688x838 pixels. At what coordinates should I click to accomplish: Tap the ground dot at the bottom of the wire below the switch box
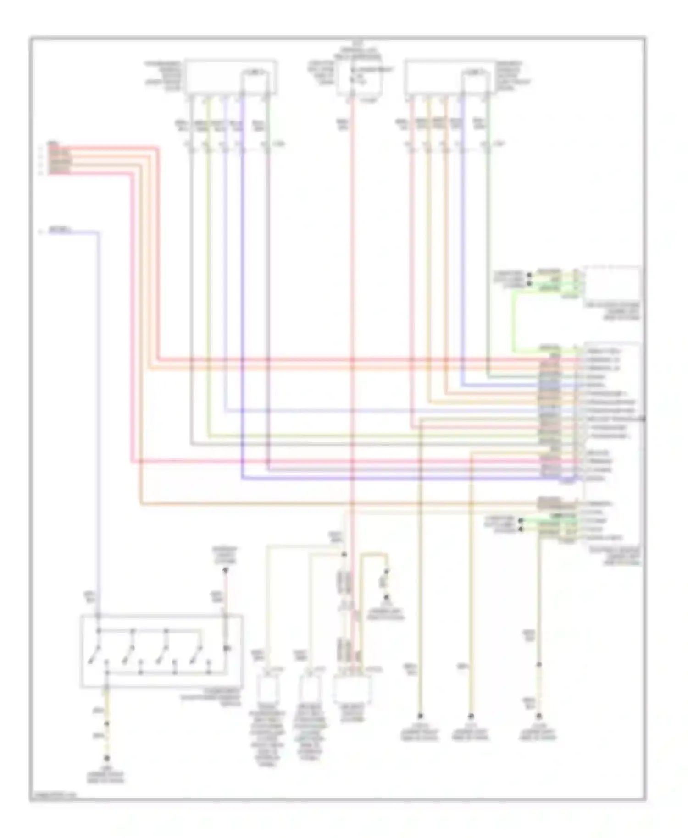[x=106, y=759]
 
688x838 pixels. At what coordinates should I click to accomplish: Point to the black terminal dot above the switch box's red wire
[x=225, y=570]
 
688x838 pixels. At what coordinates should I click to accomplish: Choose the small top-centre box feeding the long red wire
[x=359, y=78]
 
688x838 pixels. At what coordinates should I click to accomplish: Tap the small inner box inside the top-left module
[x=258, y=83]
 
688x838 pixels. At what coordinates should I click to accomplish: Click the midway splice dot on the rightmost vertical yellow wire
[x=539, y=664]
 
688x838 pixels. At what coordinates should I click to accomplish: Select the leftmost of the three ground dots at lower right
[x=420, y=716]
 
